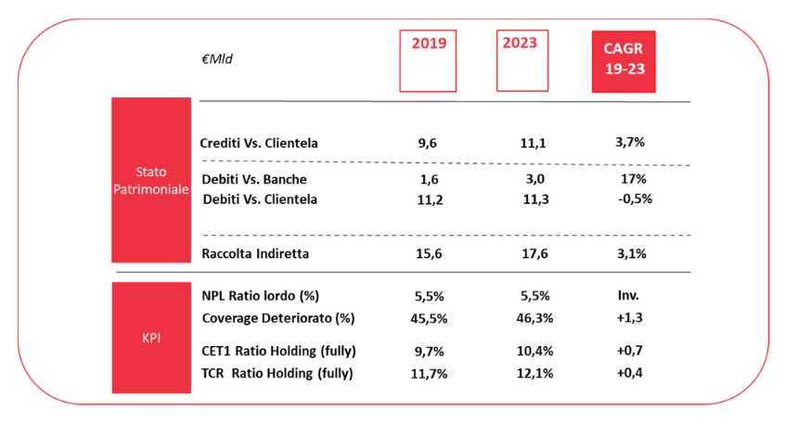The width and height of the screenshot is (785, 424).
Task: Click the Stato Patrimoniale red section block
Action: coord(150,181)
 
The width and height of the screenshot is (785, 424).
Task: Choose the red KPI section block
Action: coord(150,338)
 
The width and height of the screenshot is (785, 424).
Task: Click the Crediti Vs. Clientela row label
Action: coord(260,144)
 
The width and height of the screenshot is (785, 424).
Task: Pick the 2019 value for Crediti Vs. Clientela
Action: coord(428,144)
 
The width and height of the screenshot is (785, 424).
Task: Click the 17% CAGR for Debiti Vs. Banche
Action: coord(623,178)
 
